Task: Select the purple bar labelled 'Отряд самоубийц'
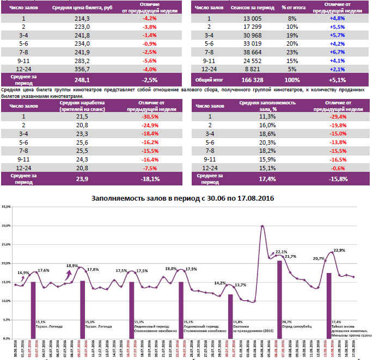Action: point(279,299)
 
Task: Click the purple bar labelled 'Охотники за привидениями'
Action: point(230,315)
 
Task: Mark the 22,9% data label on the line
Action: point(339,250)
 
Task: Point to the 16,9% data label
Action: point(23,272)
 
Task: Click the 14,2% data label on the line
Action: point(220,283)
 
